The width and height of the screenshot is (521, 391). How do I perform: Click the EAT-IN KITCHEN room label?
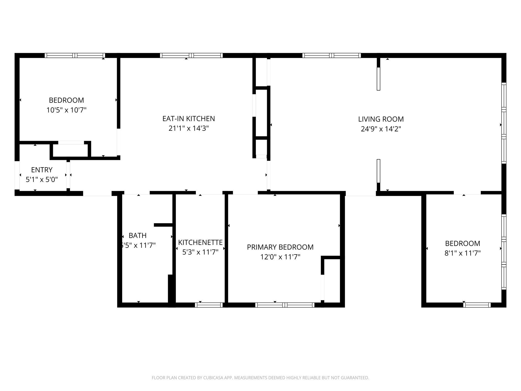pyautogui.click(x=189, y=119)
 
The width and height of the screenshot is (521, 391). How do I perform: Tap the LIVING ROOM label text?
pyautogui.click(x=381, y=119)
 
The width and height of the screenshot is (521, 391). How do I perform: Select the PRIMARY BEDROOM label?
pyautogui.click(x=280, y=247)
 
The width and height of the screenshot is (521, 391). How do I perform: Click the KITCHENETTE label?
pyautogui.click(x=200, y=242)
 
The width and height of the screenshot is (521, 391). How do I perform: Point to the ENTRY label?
pyautogui.click(x=42, y=170)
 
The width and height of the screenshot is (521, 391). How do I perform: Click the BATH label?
pyautogui.click(x=137, y=235)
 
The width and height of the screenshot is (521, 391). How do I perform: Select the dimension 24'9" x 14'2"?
pyautogui.click(x=381, y=129)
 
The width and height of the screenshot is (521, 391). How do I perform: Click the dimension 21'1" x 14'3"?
pyautogui.click(x=189, y=128)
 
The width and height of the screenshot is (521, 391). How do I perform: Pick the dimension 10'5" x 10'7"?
pyautogui.click(x=66, y=110)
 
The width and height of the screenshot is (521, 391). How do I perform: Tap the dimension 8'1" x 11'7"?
pyautogui.click(x=462, y=253)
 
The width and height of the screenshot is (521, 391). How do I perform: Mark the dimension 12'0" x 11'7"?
pyautogui.click(x=280, y=257)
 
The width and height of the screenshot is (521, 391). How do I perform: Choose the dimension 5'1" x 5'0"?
pyautogui.click(x=42, y=180)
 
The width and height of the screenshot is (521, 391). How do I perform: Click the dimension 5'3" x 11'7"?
pyautogui.click(x=200, y=252)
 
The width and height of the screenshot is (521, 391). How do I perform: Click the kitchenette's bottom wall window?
pyautogui.click(x=209, y=305)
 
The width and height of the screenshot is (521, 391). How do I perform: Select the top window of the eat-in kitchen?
pyautogui.click(x=191, y=55)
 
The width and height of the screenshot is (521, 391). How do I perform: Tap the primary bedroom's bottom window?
pyautogui.click(x=285, y=305)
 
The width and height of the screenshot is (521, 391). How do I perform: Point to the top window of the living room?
pyautogui.click(x=331, y=55)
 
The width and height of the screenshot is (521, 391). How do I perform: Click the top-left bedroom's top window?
pyautogui.click(x=75, y=55)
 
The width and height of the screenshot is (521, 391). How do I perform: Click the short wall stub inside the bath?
pyautogui.click(x=163, y=225)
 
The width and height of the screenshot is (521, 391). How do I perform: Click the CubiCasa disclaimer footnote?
pyautogui.click(x=260, y=378)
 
